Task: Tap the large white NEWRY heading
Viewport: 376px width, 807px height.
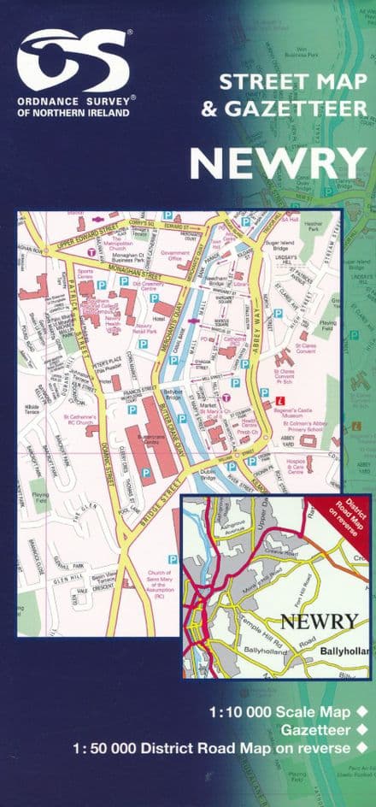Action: (276, 163)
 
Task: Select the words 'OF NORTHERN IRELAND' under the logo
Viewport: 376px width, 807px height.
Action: (76, 113)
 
